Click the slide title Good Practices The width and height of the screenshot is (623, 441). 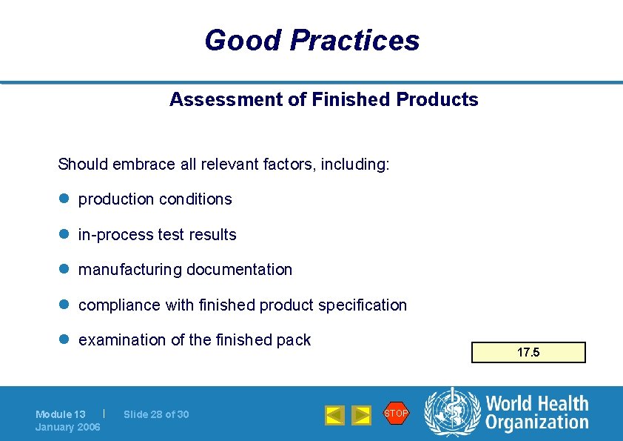[x=311, y=40]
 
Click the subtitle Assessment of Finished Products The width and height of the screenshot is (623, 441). [x=323, y=99]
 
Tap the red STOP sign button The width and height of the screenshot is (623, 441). [x=396, y=414]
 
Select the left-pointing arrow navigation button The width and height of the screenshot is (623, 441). [x=335, y=415]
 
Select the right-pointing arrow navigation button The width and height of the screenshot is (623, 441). [x=361, y=415]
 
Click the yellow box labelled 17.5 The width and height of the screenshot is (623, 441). [x=528, y=353]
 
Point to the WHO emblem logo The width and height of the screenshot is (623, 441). [x=452, y=413]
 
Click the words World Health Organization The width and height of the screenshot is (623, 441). [x=536, y=413]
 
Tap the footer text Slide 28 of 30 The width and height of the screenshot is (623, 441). [x=156, y=414]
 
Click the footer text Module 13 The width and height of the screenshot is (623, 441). [x=61, y=414]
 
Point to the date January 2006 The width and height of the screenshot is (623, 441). [x=68, y=427]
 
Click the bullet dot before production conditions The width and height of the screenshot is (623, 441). [x=64, y=199]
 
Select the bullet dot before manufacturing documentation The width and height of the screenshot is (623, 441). [x=64, y=270]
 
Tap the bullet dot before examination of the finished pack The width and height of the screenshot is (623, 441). [x=64, y=340]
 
